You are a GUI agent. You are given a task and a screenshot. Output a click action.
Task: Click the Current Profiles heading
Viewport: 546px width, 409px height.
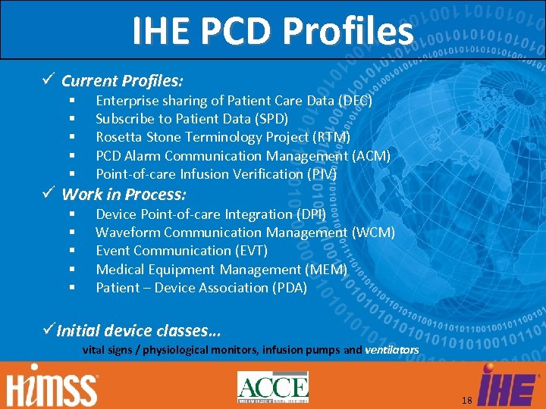[122, 80]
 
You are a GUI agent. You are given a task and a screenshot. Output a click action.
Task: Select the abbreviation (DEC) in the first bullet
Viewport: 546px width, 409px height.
[355, 100]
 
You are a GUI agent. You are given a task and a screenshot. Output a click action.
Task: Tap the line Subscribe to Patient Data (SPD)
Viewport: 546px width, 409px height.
[192, 119]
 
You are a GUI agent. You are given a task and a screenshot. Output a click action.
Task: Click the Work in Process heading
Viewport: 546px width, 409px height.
[124, 194]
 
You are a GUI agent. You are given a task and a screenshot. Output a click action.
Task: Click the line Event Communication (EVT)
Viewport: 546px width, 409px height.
[181, 251]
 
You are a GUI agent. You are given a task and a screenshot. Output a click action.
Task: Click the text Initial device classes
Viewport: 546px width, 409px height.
[139, 330]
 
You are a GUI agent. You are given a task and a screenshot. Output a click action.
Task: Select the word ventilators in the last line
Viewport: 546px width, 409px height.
[391, 350]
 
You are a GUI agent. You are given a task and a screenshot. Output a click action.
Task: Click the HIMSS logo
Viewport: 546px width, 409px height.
[53, 387]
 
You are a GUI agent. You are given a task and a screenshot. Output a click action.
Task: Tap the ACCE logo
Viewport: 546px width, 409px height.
[272, 387]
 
